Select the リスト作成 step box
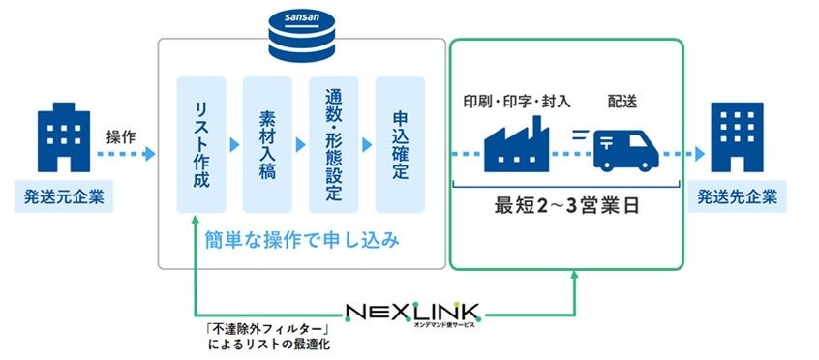tap(201, 145)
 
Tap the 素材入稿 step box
tap(267, 145)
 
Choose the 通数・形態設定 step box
tap(334, 145)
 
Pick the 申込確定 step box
tap(400, 145)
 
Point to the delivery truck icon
tap(624, 147)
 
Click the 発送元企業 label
tap(64, 199)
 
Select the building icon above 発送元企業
tap(64, 143)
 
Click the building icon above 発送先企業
tap(742, 141)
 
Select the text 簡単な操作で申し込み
tap(301, 239)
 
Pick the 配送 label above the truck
tap(623, 101)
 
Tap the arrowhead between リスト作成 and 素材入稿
tap(234, 145)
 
